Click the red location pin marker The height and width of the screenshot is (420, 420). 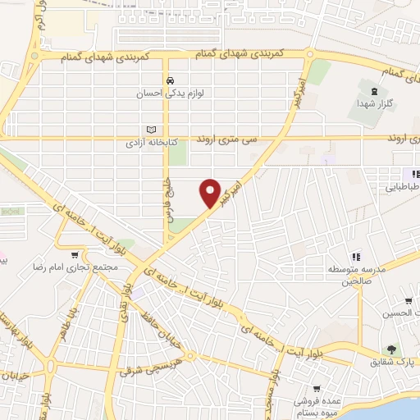(x=211, y=192)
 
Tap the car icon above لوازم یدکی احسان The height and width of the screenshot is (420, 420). (x=170, y=81)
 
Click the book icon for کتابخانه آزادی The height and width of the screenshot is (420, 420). (x=150, y=130)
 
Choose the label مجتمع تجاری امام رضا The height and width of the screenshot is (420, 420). (x=86, y=267)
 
